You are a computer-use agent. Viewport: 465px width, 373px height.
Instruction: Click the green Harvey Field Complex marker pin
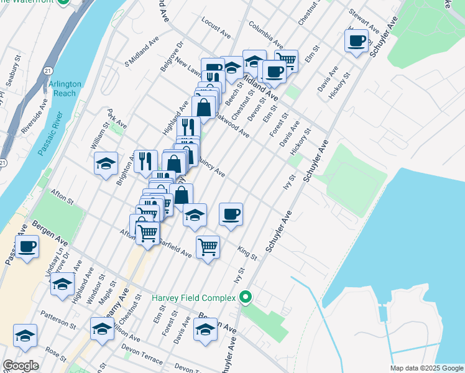(x=246, y=298)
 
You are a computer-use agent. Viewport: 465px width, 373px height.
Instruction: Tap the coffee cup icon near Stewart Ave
(x=357, y=42)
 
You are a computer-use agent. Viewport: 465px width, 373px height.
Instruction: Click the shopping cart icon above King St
(x=208, y=246)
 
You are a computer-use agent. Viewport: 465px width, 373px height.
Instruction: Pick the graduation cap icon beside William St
(x=106, y=164)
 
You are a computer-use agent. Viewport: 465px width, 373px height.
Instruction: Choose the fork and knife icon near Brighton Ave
(x=145, y=160)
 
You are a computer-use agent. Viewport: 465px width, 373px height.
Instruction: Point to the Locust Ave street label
(x=216, y=22)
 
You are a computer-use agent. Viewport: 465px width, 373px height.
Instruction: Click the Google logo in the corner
(x=21, y=365)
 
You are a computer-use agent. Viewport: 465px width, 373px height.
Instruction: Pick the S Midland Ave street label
(x=142, y=52)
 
